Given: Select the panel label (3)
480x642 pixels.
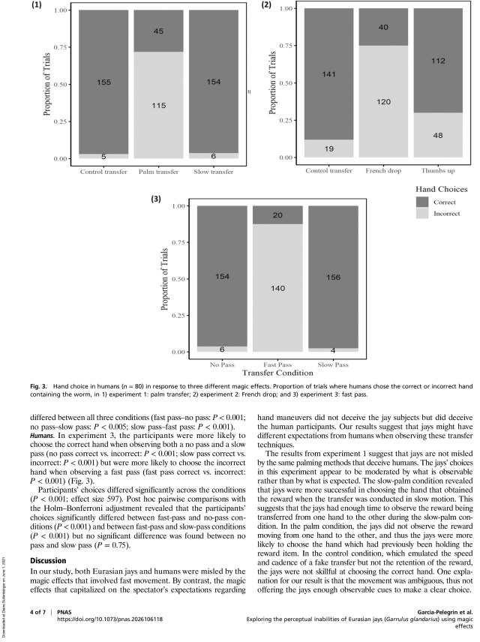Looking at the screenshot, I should [156, 199].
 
